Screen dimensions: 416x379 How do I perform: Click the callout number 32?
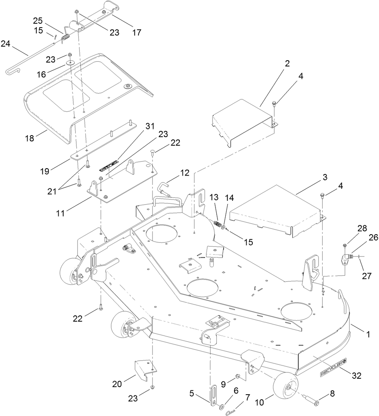coord(356,376)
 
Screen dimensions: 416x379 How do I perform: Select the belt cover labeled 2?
coord(241,117)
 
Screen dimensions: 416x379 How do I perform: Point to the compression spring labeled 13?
coord(217,225)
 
